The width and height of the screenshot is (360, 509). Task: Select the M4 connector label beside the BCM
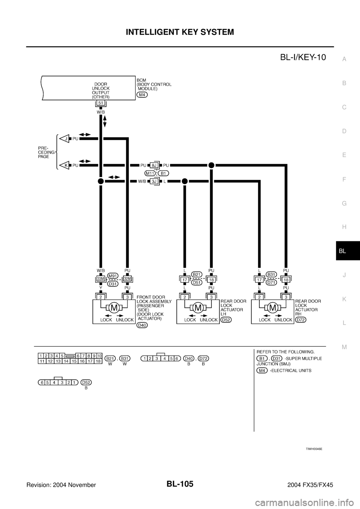click(142, 94)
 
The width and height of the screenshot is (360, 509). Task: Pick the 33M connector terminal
click(100, 278)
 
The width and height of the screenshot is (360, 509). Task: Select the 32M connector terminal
click(127, 278)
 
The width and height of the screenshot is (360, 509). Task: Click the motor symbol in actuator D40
click(114, 308)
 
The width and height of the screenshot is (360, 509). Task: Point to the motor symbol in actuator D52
click(198, 308)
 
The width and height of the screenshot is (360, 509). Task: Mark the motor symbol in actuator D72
click(273, 308)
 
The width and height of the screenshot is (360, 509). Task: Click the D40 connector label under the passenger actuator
click(142, 325)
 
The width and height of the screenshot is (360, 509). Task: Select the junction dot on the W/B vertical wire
click(100, 181)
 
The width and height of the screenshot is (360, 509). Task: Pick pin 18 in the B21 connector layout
click(98, 361)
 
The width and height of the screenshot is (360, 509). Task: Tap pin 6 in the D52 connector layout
click(41, 382)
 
